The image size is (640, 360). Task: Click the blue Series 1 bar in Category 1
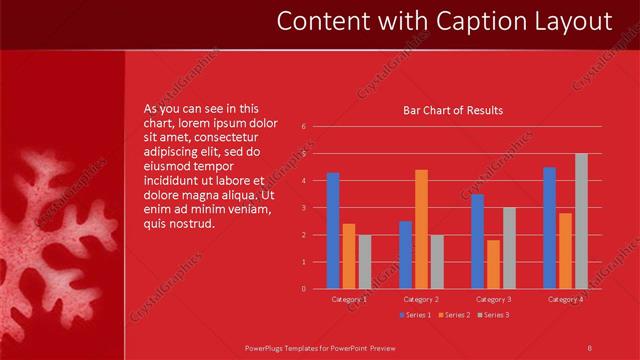pyautogui.click(x=332, y=231)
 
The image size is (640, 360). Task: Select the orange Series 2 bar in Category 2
pyautogui.click(x=421, y=229)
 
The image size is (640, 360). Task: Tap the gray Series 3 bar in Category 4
pyautogui.click(x=581, y=221)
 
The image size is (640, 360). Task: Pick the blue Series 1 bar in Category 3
pyautogui.click(x=477, y=241)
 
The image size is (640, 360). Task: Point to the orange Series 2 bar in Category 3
pyautogui.click(x=493, y=264)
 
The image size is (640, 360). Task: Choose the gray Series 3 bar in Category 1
pyautogui.click(x=364, y=262)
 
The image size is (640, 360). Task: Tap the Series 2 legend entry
pyautogui.click(x=453, y=315)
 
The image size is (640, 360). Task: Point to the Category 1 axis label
pyautogui.click(x=349, y=299)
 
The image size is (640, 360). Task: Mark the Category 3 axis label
pyautogui.click(x=493, y=299)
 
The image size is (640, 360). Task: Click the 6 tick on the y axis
pyautogui.click(x=304, y=127)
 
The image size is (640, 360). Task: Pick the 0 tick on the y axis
pyautogui.click(x=304, y=288)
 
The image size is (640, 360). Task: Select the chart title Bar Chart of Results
pyautogui.click(x=452, y=110)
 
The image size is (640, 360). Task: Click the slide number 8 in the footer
pyautogui.click(x=590, y=347)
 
